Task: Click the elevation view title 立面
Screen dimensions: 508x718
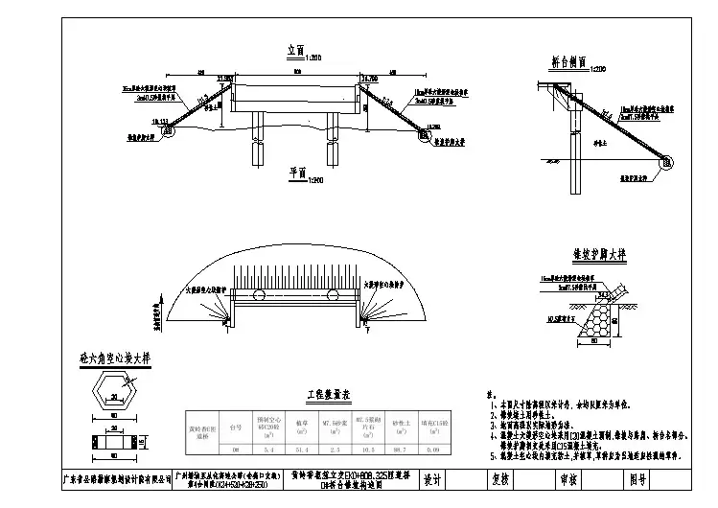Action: (296, 49)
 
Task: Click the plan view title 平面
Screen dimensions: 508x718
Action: (296, 173)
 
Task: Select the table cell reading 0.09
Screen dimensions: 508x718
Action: (437, 449)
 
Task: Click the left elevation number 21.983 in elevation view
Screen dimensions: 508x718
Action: (226, 78)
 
